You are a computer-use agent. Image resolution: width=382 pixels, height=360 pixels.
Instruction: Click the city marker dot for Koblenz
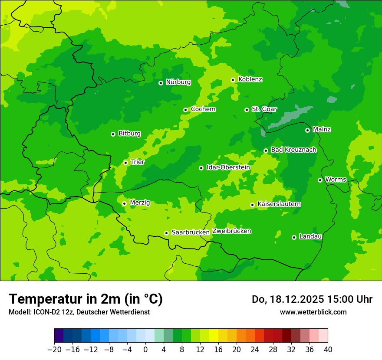pos(233,80)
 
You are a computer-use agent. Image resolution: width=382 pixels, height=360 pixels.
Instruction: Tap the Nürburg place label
pos(178,82)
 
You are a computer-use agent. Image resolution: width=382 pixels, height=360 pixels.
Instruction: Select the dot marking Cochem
pos(185,110)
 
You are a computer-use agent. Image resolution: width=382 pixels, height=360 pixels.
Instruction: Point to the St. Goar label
pos(264,109)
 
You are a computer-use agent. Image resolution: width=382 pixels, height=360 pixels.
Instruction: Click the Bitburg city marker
pos(113,134)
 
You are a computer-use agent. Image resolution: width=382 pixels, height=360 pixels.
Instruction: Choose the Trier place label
pos(138,162)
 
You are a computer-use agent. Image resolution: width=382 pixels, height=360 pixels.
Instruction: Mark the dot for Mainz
pos(307,130)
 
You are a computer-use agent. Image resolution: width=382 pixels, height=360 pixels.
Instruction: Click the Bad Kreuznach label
pos(293,150)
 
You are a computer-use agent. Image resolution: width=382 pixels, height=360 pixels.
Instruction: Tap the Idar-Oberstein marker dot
pos(201,168)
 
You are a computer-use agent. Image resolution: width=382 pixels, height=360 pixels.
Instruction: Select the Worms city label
pos(336,179)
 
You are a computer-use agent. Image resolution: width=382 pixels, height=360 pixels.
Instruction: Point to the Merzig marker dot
pos(124,203)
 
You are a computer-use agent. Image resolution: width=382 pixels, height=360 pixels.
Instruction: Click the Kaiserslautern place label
pos(279,204)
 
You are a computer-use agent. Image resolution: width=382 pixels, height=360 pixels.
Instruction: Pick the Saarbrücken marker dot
pos(166,233)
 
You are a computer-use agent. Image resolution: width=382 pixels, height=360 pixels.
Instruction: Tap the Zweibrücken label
pos(232,231)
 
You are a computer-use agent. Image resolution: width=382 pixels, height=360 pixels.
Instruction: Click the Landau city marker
pos(294,237)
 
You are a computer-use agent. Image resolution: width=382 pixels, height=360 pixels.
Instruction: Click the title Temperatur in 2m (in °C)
pos(86,299)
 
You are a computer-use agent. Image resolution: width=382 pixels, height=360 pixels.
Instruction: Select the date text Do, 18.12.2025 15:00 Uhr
pos(312,299)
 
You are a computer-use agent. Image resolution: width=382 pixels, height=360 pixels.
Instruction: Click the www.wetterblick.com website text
pos(313,312)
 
